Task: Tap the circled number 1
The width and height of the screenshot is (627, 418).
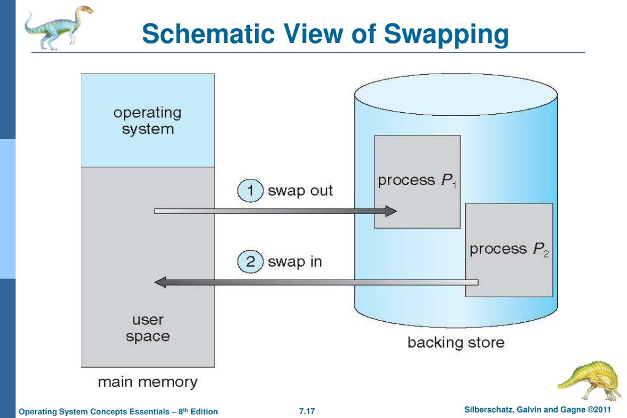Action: (x=250, y=191)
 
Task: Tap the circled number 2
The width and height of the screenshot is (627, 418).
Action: (x=250, y=262)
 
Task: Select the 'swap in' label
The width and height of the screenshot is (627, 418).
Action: (x=295, y=262)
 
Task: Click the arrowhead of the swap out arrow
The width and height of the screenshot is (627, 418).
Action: (x=390, y=211)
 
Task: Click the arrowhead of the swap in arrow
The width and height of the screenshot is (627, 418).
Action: (x=160, y=283)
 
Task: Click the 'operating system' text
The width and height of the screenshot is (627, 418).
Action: (x=147, y=121)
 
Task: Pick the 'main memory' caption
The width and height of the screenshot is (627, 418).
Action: (x=148, y=383)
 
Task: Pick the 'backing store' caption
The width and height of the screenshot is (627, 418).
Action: (x=456, y=342)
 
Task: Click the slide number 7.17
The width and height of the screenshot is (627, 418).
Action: (x=306, y=411)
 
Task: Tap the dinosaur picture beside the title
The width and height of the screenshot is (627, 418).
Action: (x=58, y=26)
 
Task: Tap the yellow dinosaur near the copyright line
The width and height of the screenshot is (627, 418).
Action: (x=591, y=380)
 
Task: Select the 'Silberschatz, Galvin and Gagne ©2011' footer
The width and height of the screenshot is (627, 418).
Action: (x=543, y=409)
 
